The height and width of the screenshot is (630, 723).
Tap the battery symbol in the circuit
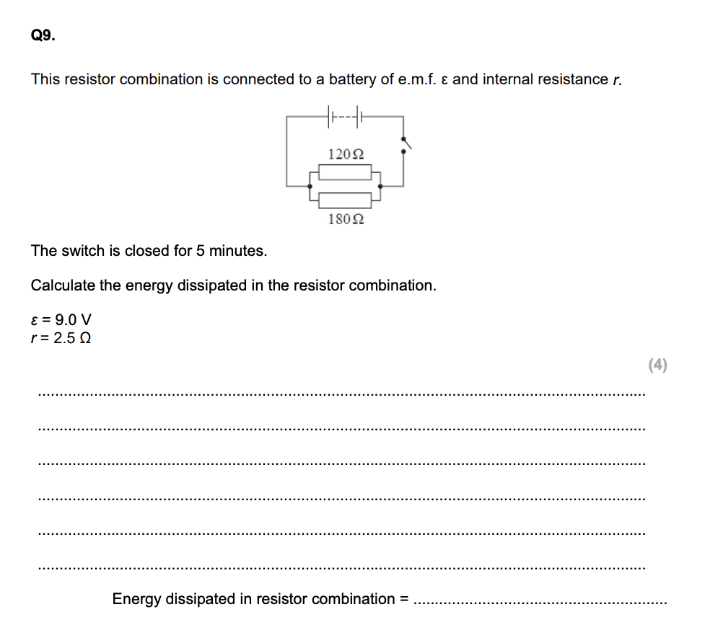[345, 115]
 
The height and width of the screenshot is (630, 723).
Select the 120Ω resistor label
[345, 154]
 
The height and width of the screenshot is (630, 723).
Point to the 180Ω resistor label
[345, 218]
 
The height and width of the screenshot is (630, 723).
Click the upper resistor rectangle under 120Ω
[345, 172]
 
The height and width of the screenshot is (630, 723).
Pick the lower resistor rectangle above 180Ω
[345, 200]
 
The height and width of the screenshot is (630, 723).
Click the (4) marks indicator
[657, 365]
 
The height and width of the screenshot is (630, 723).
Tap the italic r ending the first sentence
[616, 80]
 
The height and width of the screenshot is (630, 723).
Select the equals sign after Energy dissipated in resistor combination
[404, 599]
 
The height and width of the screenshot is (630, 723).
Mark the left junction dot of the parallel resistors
[311, 185]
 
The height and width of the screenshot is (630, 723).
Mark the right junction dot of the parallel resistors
[380, 185]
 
